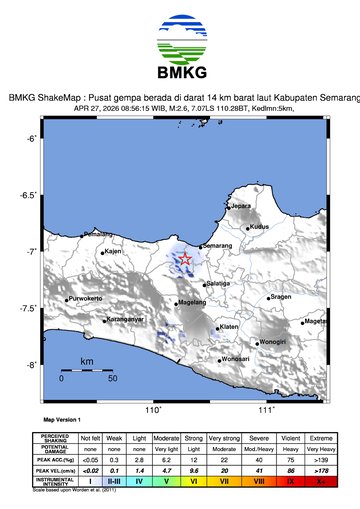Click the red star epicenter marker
186,259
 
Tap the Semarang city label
218,245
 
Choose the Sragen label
281,297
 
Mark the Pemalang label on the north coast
98,234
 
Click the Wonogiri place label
273,342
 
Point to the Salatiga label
219,284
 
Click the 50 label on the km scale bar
112,378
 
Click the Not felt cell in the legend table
90,438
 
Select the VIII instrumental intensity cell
260,481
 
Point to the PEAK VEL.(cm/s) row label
50,470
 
